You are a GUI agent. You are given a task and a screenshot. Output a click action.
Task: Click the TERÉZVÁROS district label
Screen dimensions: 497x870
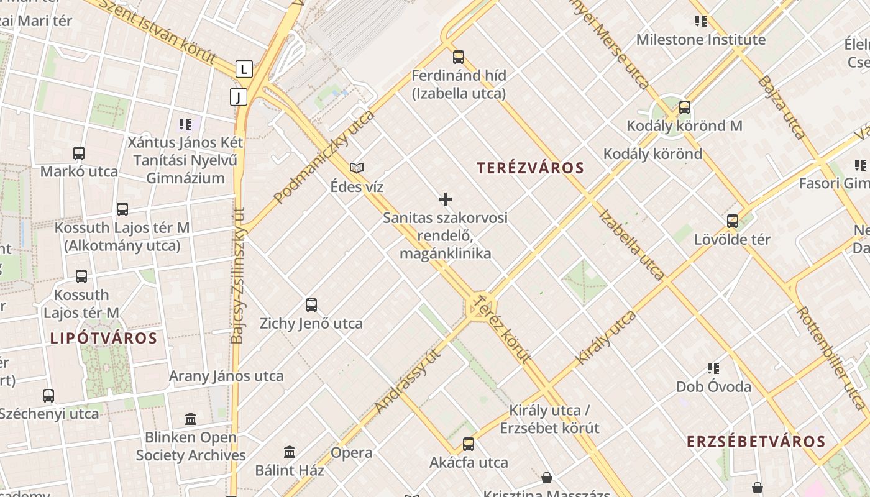point(530,168)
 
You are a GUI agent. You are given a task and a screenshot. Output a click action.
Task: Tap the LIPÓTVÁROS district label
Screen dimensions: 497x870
point(104,339)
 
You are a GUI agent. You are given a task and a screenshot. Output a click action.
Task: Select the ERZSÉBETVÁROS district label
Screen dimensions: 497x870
point(756,442)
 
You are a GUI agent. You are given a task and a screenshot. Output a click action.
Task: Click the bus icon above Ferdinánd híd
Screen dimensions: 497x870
point(459,57)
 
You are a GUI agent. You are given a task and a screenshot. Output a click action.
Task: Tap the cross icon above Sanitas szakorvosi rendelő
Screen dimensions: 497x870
point(446,199)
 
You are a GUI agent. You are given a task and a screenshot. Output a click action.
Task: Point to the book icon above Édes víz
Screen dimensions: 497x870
point(357,168)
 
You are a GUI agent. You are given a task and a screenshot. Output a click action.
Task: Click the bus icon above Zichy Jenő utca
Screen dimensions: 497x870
point(311,305)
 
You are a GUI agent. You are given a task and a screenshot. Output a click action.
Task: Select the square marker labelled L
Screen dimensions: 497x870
point(244,69)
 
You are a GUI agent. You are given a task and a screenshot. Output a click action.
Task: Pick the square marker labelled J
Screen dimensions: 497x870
point(238,97)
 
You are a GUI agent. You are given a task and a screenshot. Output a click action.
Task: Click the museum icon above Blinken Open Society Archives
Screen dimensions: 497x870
point(191,419)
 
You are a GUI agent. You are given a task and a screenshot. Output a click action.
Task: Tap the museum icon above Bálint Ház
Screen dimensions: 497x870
point(290,452)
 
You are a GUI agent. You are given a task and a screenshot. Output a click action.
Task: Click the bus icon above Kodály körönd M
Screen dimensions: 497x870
point(685,107)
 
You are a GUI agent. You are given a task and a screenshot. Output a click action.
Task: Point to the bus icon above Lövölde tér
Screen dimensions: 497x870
point(733,221)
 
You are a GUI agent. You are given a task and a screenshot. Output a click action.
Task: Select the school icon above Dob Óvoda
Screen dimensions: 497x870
point(713,368)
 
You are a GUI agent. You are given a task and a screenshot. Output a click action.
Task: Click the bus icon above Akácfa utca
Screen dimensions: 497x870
point(469,444)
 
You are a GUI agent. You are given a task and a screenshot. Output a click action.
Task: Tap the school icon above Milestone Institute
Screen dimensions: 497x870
point(701,22)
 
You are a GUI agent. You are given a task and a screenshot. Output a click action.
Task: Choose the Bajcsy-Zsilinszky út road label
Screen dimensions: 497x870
point(237,276)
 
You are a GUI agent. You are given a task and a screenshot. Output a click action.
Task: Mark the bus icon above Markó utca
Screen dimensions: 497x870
point(79,153)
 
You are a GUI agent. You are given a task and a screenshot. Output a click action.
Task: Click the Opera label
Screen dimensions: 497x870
point(352,453)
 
